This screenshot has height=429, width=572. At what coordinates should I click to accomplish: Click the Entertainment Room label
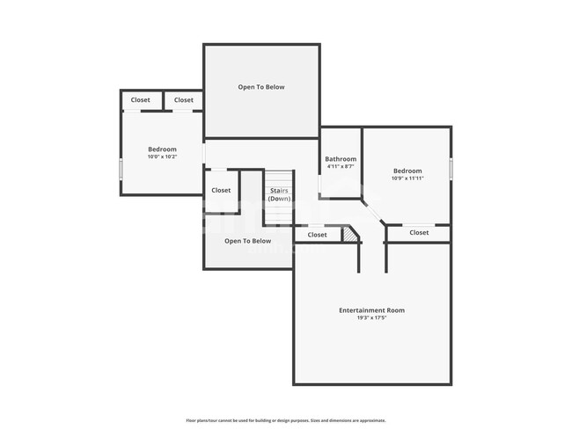(x=371, y=310)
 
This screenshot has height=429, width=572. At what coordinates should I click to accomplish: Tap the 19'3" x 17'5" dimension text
(x=371, y=318)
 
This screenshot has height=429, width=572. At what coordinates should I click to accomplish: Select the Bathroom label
(x=341, y=159)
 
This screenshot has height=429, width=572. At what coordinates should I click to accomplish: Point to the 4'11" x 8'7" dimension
(x=341, y=167)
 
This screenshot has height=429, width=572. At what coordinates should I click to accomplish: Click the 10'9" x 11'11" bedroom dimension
(x=407, y=178)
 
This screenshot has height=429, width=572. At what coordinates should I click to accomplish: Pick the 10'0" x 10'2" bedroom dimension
(x=162, y=157)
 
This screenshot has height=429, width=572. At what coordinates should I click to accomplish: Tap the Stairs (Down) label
(x=280, y=194)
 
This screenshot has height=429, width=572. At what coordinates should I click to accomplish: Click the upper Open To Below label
(x=261, y=87)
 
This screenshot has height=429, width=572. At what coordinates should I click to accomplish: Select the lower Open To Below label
(x=247, y=241)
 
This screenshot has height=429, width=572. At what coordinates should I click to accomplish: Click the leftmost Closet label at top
(x=141, y=100)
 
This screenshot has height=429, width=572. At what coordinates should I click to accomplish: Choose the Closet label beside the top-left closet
(x=183, y=100)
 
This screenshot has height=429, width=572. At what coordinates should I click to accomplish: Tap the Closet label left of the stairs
(x=221, y=190)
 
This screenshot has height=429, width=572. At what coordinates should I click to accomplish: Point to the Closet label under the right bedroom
(x=419, y=233)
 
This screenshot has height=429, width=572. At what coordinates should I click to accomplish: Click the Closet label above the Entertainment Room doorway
(x=317, y=235)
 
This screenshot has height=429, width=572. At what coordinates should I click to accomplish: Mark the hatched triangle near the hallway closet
(x=352, y=235)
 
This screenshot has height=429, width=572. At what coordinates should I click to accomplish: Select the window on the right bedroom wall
(x=451, y=168)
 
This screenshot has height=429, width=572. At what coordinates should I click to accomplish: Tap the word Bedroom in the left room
(x=162, y=149)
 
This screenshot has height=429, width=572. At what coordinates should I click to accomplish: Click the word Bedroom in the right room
(x=407, y=171)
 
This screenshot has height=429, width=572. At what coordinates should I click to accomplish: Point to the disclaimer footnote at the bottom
(x=285, y=420)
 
